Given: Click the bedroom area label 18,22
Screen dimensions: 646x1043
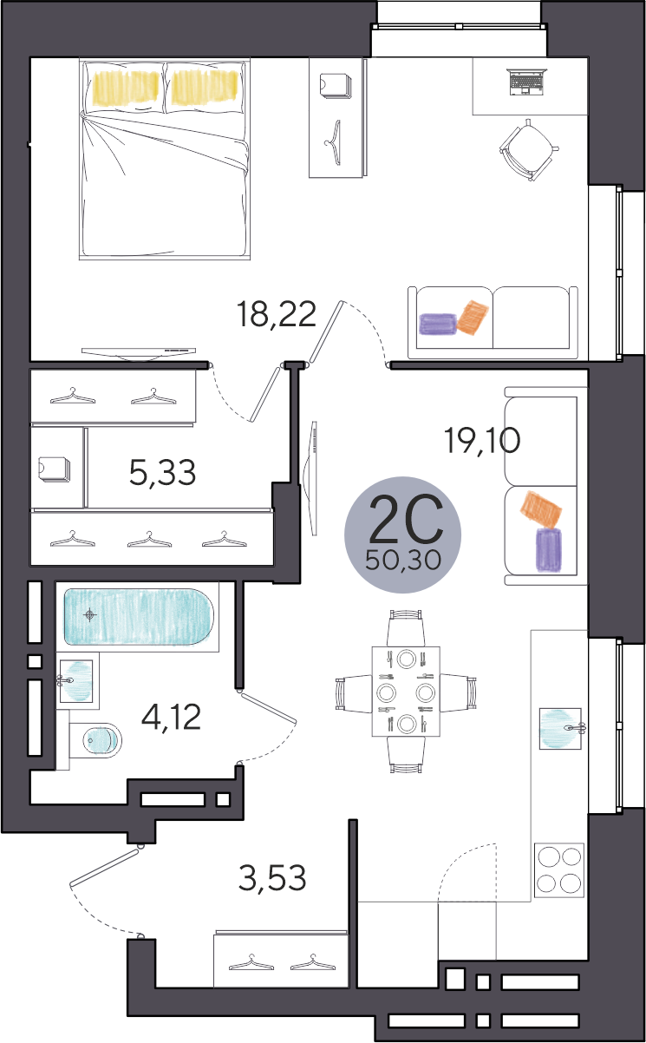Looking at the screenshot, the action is coord(277,315).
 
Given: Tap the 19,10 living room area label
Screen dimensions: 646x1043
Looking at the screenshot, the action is coord(482,441).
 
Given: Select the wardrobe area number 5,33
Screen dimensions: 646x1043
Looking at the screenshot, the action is coord(162,473).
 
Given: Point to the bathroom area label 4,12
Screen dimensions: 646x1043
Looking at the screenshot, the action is coord(172,718).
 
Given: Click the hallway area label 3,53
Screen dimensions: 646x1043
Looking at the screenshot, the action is coord(272,877).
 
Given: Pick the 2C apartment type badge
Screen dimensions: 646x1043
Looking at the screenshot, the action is coord(402,535).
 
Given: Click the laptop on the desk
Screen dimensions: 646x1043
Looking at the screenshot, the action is coord(527,82).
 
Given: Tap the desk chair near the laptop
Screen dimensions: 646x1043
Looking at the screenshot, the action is coord(529,149).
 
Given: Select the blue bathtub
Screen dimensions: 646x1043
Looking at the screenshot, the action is coord(139,618).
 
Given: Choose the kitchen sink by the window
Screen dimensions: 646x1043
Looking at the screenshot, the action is coord(561,729).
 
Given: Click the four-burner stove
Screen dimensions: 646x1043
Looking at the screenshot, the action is coord(559,869).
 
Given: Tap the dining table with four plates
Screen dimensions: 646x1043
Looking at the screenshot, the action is coord(406,691).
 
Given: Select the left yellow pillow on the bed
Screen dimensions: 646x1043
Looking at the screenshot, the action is coord(126,88).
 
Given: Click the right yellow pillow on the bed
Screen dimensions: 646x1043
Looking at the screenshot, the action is coord(205,87).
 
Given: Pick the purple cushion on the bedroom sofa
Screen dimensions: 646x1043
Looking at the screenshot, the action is coord(439,324).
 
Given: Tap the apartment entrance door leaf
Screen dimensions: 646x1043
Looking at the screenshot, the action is coord(105,868).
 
